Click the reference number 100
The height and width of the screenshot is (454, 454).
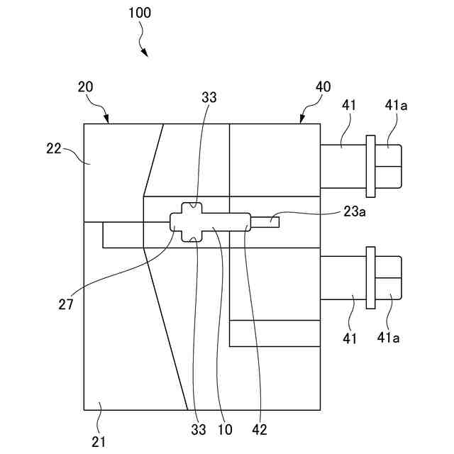click(x=139, y=13)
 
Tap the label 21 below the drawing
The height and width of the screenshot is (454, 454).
click(x=99, y=441)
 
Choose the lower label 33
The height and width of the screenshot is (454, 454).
click(x=198, y=430)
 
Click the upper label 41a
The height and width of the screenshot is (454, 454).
click(x=397, y=106)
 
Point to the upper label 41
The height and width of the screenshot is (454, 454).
click(x=349, y=106)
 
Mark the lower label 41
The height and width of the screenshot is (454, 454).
click(x=348, y=338)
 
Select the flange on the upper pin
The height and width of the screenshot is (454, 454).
click(x=369, y=166)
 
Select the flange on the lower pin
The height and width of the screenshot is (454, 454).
click(x=369, y=277)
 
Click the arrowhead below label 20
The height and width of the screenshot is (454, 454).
click(x=107, y=120)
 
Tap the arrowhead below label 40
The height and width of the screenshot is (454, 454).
click(x=301, y=120)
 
